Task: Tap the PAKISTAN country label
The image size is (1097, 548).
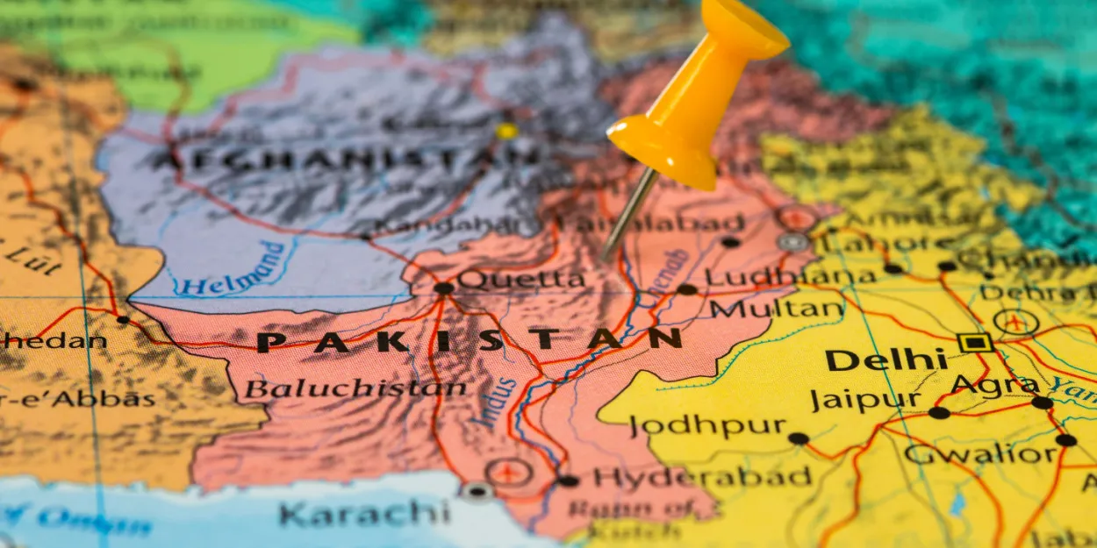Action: point(470,340)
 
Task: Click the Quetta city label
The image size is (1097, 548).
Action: point(520,281)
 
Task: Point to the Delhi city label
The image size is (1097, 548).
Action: point(886,359)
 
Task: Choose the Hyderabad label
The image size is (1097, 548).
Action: point(702,478)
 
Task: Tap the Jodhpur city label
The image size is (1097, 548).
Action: point(707,427)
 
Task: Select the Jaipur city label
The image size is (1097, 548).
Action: point(865,401)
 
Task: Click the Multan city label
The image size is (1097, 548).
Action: point(777,309)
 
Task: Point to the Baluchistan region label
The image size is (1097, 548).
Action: point(355,388)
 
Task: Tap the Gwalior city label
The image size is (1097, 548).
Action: point(980,454)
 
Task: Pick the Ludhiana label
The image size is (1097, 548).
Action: point(790,278)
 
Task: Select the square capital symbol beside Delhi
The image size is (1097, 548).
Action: point(975,342)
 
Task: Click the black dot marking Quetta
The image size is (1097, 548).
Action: point(443,288)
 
